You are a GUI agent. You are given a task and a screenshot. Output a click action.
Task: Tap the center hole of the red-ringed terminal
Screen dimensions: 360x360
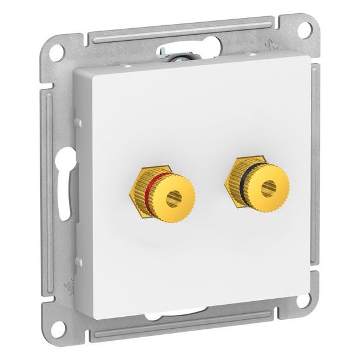click(x=174, y=197)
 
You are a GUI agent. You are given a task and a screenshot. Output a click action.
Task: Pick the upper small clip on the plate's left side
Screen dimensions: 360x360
click(x=78, y=122)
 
